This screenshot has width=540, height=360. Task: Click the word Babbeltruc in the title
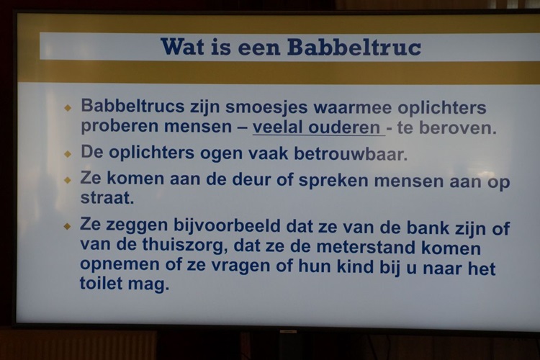pos(354,47)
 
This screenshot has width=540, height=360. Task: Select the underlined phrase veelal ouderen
pos(317,127)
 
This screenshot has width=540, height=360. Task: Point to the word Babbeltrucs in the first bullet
pos(132,106)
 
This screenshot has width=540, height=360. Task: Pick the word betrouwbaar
pos(351,154)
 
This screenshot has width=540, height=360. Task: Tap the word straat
pos(107,197)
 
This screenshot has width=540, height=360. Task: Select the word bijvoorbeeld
pos(227,226)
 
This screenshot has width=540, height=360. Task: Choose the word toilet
pos(102,283)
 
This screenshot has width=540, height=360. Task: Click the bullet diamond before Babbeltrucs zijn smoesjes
pos(68,108)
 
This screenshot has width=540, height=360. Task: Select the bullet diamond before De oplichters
pos(68,153)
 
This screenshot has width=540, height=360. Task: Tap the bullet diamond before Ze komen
pos(68,180)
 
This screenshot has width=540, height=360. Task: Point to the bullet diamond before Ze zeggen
pos(67,226)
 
